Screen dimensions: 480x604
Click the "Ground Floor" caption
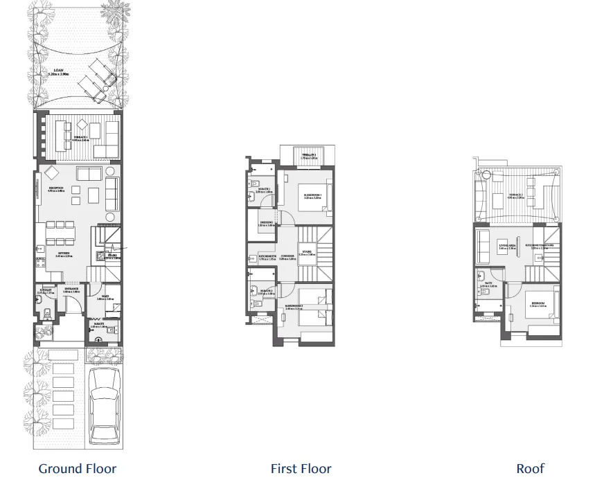pyautogui.click(x=78, y=469)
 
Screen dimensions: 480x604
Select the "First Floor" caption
pyautogui.click(x=301, y=469)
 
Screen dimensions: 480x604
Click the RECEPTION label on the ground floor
pyautogui.click(x=56, y=188)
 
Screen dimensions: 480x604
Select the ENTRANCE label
pyautogui.click(x=71, y=290)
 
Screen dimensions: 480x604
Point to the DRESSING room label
pyautogui.click(x=266, y=223)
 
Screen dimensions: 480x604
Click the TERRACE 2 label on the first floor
pyautogui.click(x=309, y=155)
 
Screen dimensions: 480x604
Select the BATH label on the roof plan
pyautogui.click(x=488, y=284)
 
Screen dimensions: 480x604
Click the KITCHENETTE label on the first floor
pyautogui.click(x=267, y=256)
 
